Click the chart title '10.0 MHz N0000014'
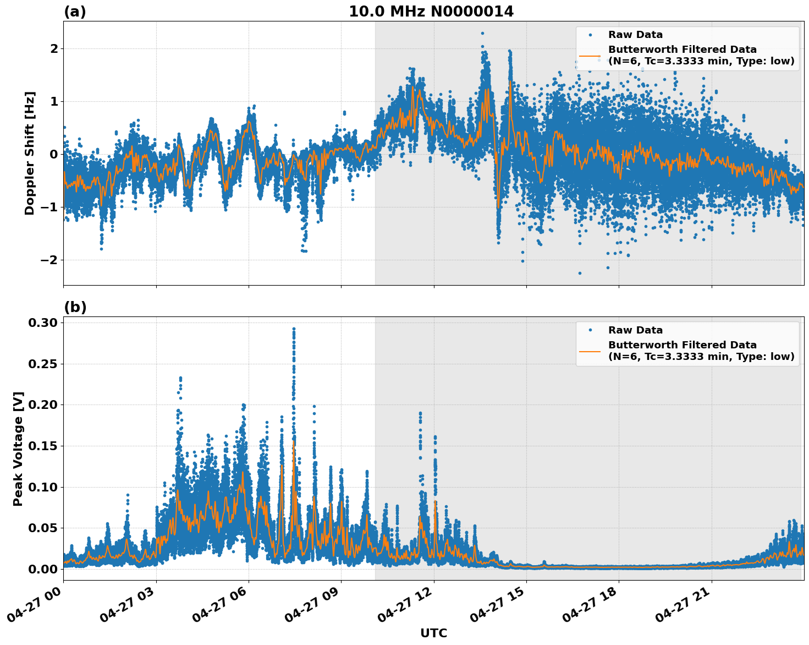431,12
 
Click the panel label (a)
75,12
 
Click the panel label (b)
75,307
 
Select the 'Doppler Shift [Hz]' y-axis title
30,153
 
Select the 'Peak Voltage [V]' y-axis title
18,449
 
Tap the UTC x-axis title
433,633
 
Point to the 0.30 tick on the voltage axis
42,322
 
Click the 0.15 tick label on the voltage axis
42,446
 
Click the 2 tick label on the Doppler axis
54,49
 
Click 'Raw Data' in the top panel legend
635,35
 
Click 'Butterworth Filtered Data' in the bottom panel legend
682,345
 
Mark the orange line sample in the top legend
590,56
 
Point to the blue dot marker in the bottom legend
590,330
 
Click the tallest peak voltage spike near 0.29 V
294,329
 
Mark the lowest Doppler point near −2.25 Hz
580,273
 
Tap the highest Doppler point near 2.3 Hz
482,33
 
